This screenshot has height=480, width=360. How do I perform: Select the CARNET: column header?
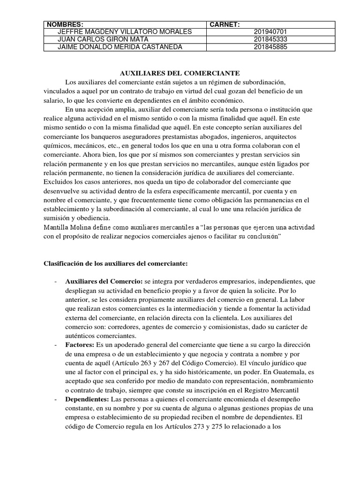coord(225,24)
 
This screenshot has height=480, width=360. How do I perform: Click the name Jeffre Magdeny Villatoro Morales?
coord(124,32)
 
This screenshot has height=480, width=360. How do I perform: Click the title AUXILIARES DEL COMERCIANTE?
coord(180,73)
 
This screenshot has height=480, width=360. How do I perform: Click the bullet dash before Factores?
coord(56,345)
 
